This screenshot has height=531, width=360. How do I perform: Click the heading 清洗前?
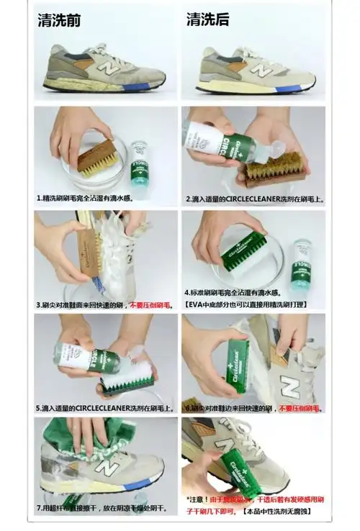point(59,20)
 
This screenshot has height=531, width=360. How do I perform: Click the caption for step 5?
point(105,408)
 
